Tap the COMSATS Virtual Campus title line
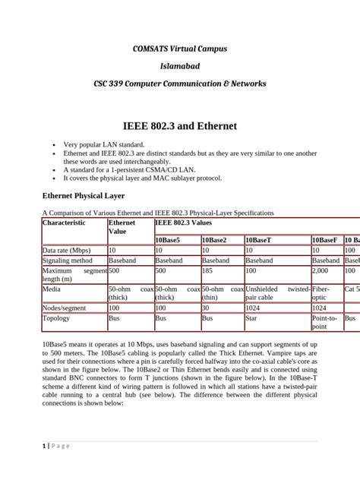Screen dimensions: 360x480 click(180, 48)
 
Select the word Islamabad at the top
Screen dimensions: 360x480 click(179, 65)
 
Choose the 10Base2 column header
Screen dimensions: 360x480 click(216, 239)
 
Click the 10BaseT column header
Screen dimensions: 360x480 click(261, 239)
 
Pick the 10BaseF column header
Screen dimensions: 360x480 click(326, 239)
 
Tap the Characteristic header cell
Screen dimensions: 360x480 click(65, 223)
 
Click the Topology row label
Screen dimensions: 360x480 click(55, 319)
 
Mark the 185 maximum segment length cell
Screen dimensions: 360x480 click(208, 270)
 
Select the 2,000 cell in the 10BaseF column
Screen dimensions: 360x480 click(320, 270)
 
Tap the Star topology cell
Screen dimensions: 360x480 click(251, 319)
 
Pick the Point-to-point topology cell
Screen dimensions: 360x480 click(326, 323)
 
